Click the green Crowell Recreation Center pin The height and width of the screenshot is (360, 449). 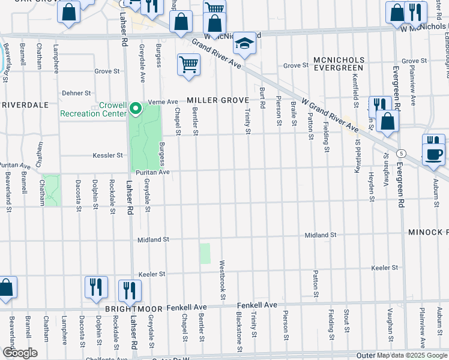point(136,109)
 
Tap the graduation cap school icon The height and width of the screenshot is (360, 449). point(244,44)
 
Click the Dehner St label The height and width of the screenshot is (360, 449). point(76,93)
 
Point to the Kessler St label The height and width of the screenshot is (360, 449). point(107,155)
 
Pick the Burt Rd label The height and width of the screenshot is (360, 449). point(262,97)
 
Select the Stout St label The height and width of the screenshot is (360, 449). point(346,321)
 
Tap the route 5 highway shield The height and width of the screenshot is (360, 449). point(400,153)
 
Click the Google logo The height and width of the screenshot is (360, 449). point(20,353)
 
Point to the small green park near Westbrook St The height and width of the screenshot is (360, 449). point(205,253)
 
